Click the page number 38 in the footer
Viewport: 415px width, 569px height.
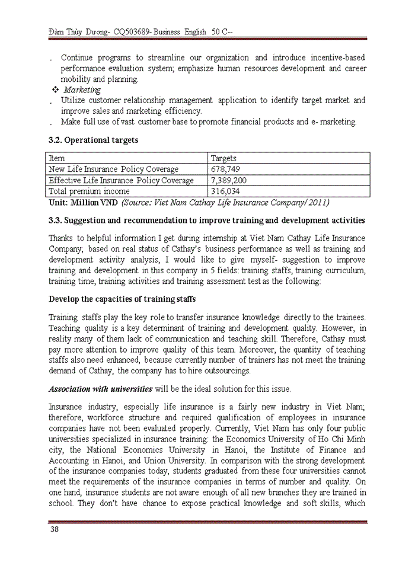[x=54, y=529]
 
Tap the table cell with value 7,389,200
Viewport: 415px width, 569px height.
[x=229, y=180]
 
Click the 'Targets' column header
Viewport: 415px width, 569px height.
[x=224, y=158]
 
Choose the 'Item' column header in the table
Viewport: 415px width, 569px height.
[x=57, y=158]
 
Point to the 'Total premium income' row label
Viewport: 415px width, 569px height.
[x=89, y=191]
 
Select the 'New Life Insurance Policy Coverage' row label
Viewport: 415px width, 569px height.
[x=113, y=170]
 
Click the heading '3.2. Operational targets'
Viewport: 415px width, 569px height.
[x=93, y=140]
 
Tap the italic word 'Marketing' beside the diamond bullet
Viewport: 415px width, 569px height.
[x=82, y=90]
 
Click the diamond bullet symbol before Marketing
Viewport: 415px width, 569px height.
[x=55, y=90]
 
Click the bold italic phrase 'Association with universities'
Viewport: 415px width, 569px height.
[x=101, y=389]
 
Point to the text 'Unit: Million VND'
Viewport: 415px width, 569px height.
[x=83, y=203]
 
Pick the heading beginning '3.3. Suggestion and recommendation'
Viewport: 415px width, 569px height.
[x=207, y=220]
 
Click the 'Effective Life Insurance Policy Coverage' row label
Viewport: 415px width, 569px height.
[x=121, y=180]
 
